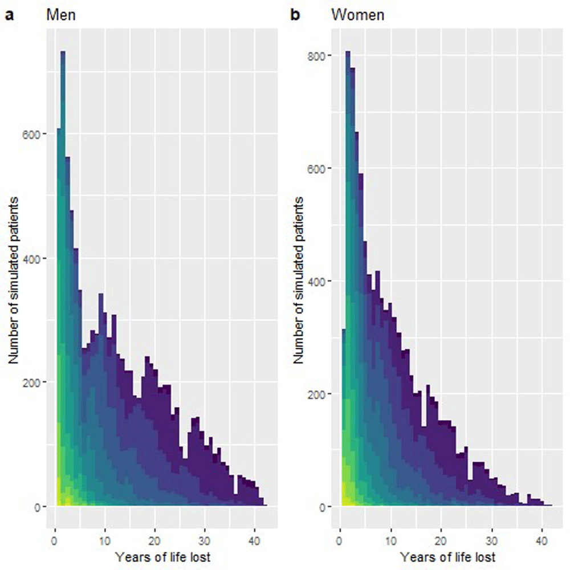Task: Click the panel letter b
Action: click(295, 15)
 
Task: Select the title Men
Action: click(61, 15)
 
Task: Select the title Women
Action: click(357, 15)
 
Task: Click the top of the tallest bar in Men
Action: click(63, 51)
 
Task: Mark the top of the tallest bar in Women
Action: click(348, 51)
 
